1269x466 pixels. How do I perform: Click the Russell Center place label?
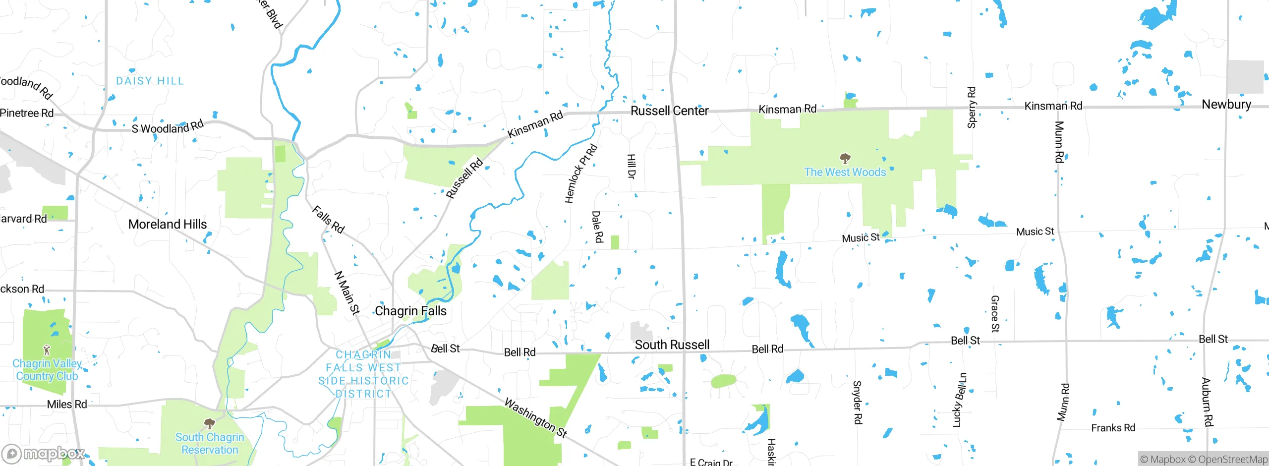click(x=669, y=111)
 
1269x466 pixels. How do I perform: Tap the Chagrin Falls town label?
click(x=410, y=311)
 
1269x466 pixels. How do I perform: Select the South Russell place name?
click(x=672, y=345)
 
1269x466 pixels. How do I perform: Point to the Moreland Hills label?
click(x=168, y=224)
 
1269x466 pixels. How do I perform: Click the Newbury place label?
click(x=1226, y=104)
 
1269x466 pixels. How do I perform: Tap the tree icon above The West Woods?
click(x=845, y=159)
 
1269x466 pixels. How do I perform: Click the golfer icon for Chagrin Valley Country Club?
click(x=47, y=350)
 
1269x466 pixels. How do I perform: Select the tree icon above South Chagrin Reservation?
click(x=210, y=423)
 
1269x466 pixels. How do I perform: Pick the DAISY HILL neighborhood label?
click(x=150, y=81)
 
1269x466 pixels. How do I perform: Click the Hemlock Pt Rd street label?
click(x=581, y=174)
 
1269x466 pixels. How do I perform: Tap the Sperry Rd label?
click(x=972, y=108)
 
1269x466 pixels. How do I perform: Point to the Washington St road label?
click(x=535, y=417)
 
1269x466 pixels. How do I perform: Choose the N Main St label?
click(x=347, y=292)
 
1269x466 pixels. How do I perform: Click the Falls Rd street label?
click(x=328, y=219)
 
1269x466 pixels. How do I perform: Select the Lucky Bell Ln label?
click(x=960, y=400)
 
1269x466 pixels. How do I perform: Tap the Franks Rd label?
click(x=1113, y=428)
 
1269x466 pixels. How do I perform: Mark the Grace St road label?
click(x=995, y=313)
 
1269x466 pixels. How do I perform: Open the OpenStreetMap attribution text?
click(x=1233, y=460)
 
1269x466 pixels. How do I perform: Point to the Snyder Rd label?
click(x=858, y=402)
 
